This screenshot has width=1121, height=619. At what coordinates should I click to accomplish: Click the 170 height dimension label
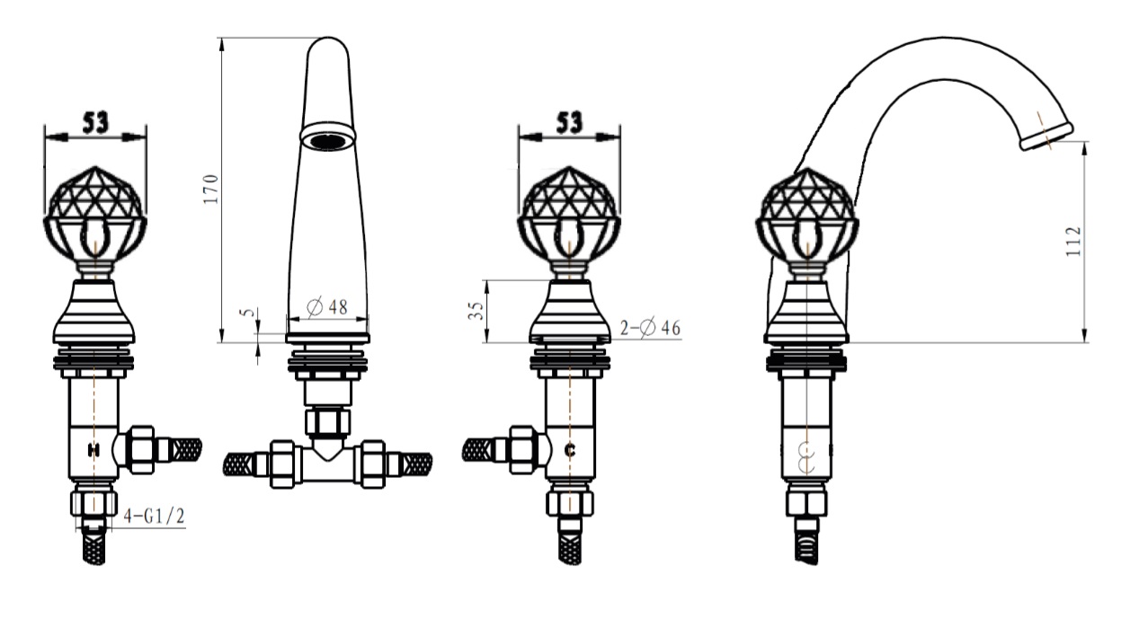(x=211, y=189)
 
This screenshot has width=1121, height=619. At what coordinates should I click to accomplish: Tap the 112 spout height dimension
(x=1073, y=242)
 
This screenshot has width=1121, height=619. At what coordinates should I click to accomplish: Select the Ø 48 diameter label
(x=327, y=306)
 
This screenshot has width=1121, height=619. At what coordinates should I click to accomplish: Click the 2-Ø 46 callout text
(x=651, y=328)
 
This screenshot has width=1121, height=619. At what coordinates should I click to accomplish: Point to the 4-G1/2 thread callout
(x=154, y=516)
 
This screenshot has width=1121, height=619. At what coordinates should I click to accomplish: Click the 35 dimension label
(x=476, y=311)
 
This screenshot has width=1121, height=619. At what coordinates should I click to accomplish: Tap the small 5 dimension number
(x=246, y=313)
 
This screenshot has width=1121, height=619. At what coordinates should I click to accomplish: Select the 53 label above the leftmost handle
(x=95, y=122)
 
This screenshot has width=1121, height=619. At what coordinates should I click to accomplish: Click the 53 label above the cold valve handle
(x=569, y=122)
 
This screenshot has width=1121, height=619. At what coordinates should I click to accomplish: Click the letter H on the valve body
(x=93, y=450)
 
